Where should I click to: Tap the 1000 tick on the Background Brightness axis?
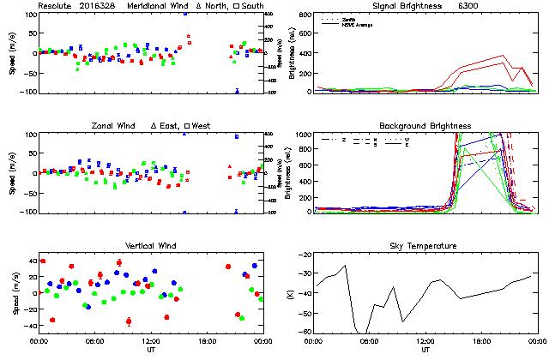[x=300, y=135]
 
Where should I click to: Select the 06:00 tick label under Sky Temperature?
[x=369, y=341]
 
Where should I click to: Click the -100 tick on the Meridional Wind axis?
[x=24, y=92]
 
